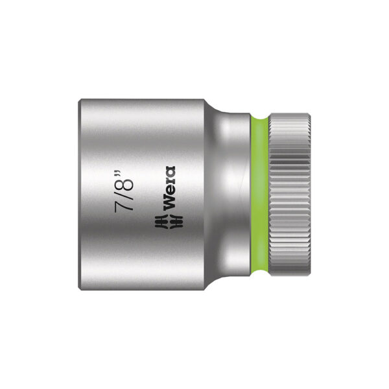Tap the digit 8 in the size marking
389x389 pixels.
[124, 184]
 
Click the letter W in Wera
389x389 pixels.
[170, 201]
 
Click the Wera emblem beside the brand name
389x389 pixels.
[169, 221]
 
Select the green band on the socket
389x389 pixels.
[259, 194]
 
